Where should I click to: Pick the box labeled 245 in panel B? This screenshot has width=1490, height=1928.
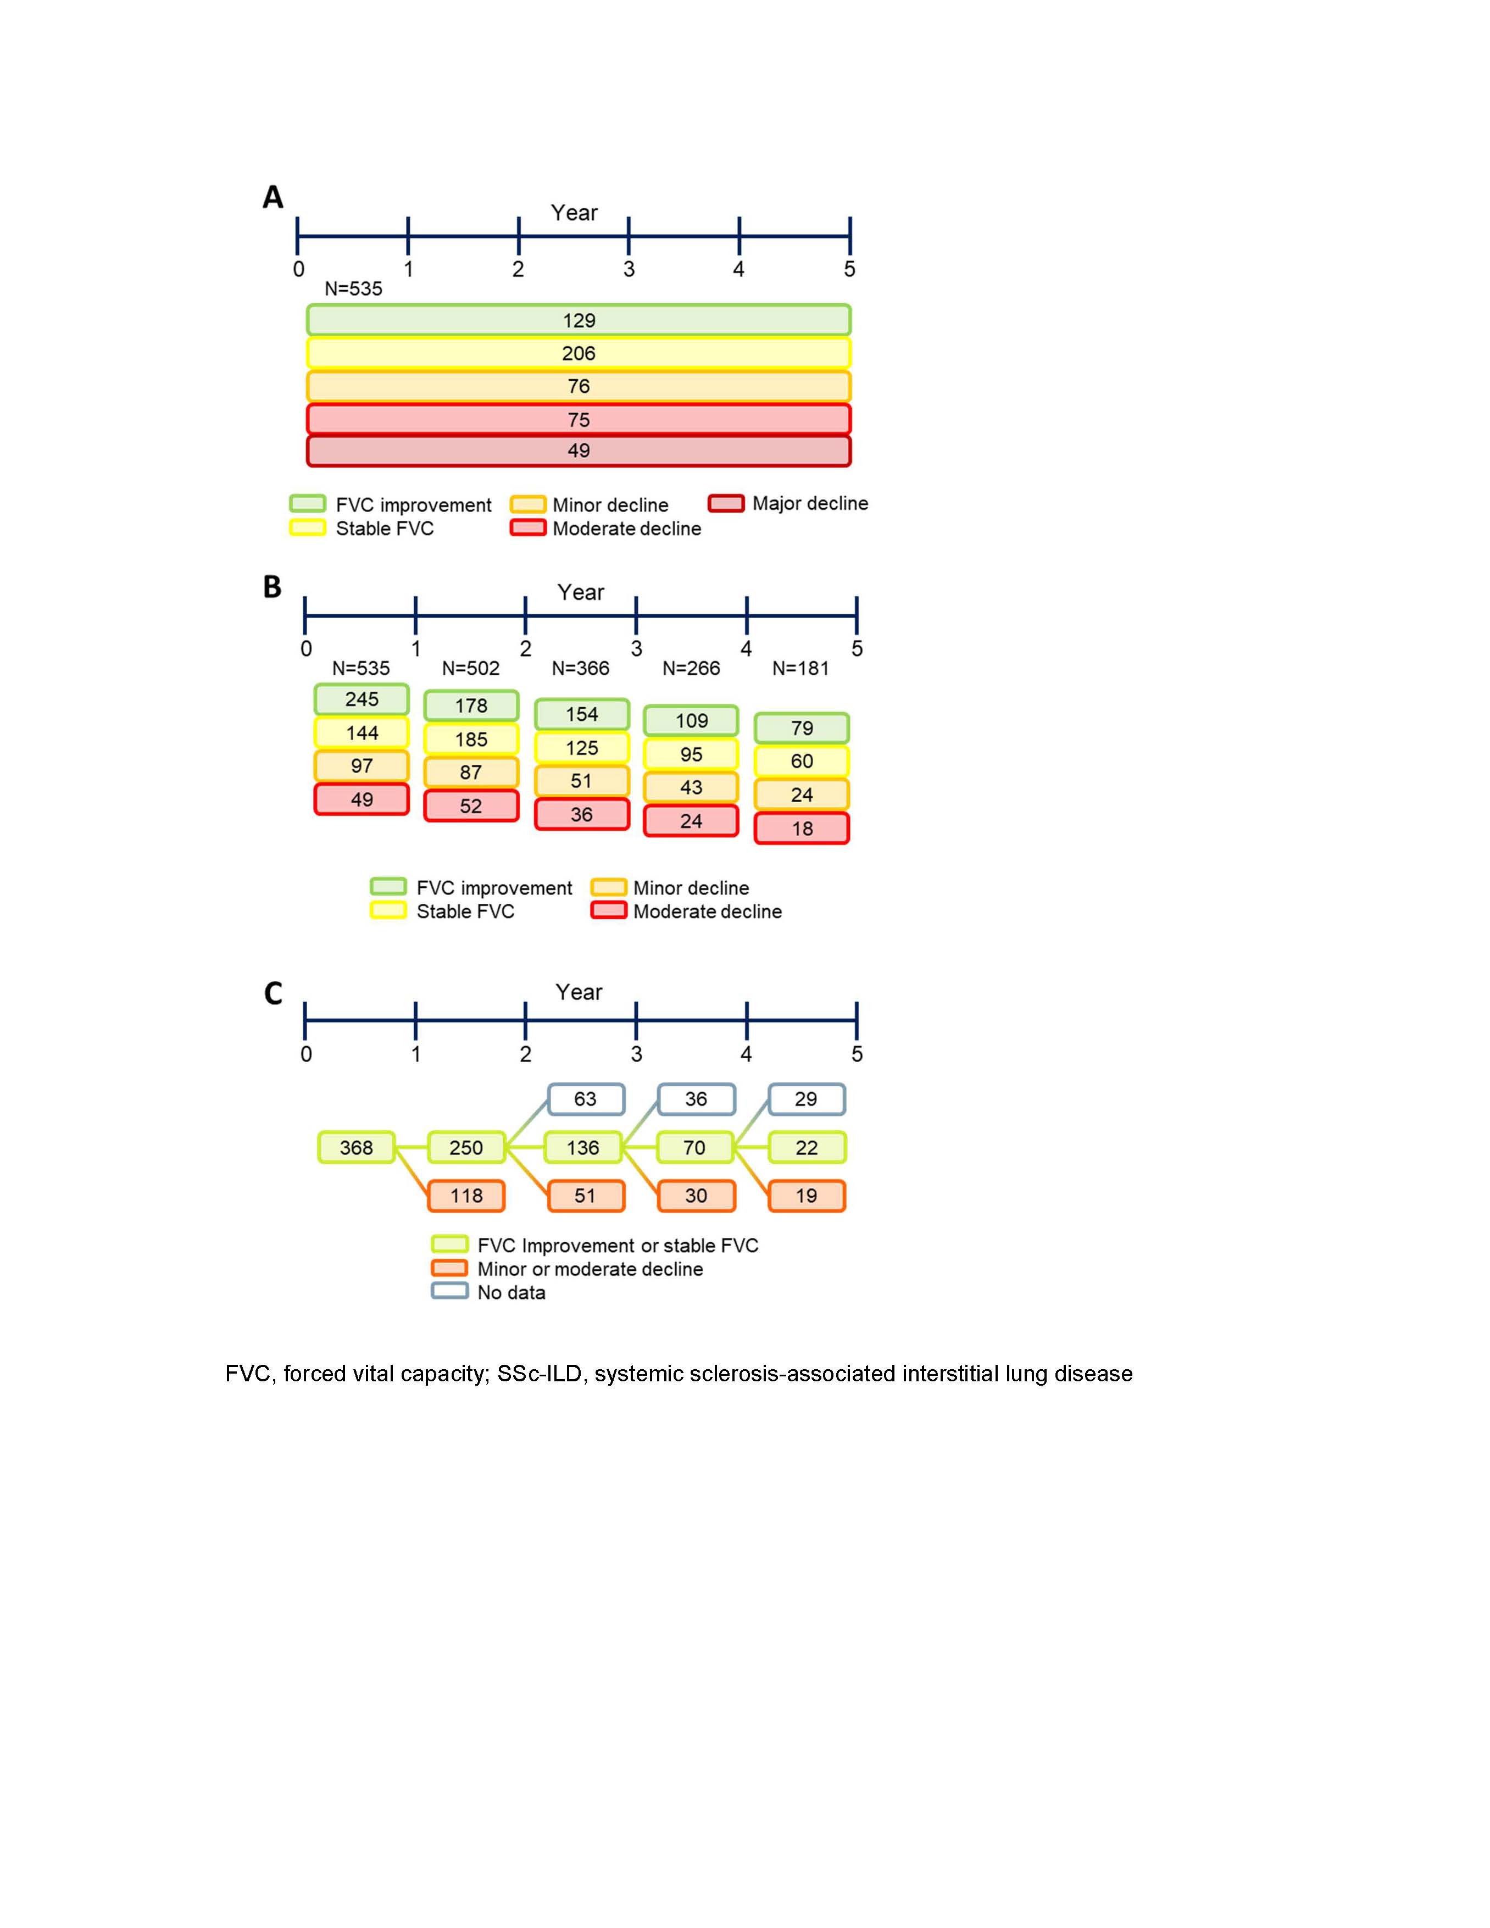[x=362, y=699]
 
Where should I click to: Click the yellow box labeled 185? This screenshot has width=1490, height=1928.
[x=471, y=739]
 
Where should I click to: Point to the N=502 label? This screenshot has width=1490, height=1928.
[x=470, y=668]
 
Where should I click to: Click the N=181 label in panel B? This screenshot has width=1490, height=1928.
[x=800, y=668]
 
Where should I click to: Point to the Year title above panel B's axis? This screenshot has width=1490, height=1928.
[x=580, y=592]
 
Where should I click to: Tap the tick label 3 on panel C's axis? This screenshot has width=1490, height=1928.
[x=636, y=1053]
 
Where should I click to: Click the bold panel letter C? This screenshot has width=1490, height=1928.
[x=274, y=993]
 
